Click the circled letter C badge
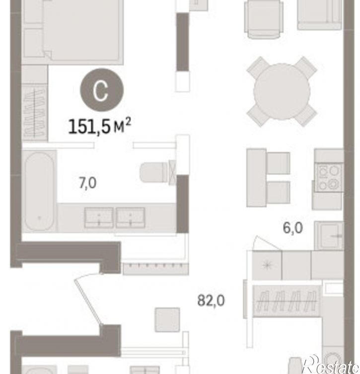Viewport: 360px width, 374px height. (102, 90)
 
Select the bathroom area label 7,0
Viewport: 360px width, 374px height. (87, 183)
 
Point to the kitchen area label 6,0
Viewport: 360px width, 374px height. (293, 227)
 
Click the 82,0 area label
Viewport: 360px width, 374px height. (211, 300)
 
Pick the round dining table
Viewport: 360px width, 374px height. (282, 91)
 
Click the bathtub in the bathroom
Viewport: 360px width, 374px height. (39, 191)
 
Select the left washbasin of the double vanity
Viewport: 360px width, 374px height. (99, 218)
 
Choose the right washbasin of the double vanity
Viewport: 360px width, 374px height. (131, 218)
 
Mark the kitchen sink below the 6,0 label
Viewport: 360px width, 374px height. (329, 235)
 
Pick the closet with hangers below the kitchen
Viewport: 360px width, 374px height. (287, 301)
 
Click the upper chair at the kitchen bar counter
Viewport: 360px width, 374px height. (278, 163)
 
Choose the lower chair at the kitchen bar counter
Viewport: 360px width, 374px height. (278, 193)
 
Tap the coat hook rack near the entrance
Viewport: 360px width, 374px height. (156, 269)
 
